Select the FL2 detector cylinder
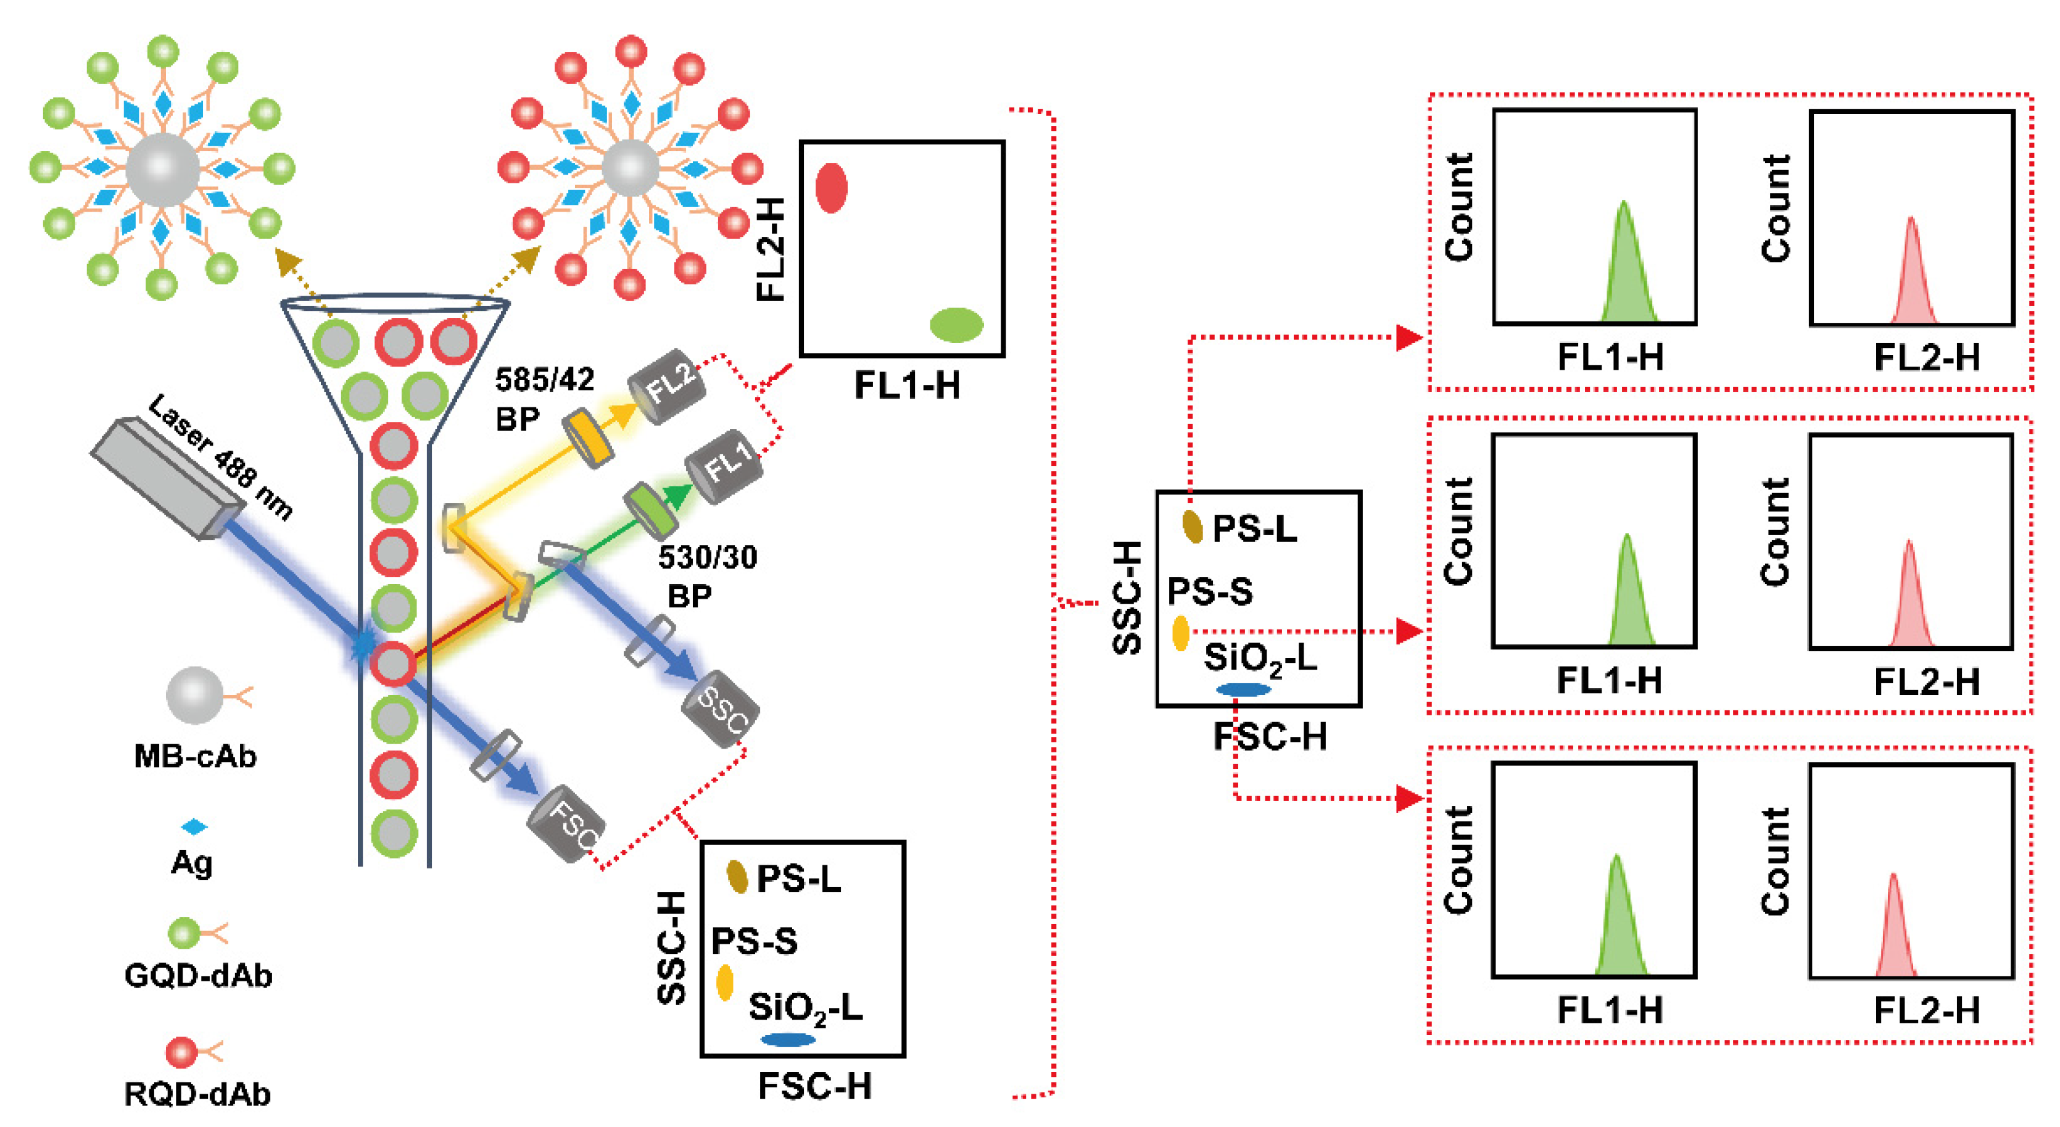pos(666,386)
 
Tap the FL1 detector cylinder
pos(724,467)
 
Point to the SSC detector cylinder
pos(721,709)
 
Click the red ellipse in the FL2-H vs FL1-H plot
pos(831,189)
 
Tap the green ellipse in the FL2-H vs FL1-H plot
pos(956,325)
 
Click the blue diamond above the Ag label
pos(194,826)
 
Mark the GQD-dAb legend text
pos(198,976)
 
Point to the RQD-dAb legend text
pos(197,1094)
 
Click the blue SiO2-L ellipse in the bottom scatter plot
pos(788,1040)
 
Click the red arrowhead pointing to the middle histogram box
pos(1408,632)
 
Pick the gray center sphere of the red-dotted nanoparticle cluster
pos(630,168)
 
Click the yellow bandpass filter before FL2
pos(588,438)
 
